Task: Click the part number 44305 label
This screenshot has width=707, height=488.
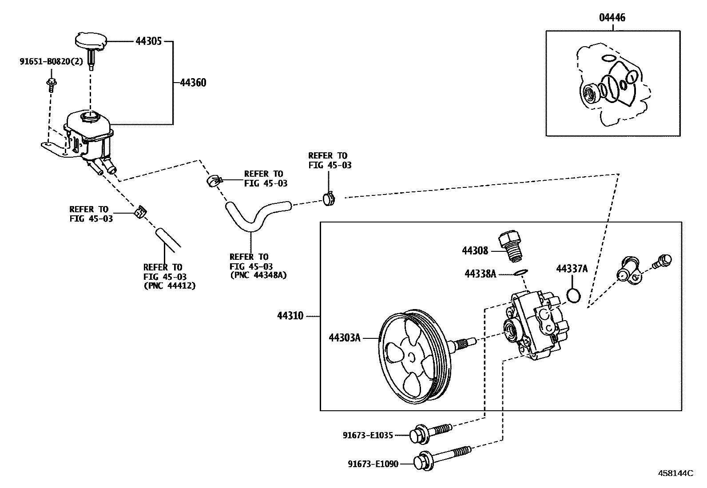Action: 149,42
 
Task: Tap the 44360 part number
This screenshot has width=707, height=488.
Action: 193,83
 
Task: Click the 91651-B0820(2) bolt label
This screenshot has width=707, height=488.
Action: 51,62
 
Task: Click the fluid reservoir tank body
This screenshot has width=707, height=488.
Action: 89,133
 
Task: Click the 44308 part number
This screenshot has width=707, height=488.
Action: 475,251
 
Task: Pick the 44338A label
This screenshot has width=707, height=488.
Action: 480,274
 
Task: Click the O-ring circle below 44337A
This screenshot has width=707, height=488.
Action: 574,296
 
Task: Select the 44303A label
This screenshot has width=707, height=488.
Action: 344,338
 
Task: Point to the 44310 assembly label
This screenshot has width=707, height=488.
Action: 290,316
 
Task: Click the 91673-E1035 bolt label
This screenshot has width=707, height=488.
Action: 368,435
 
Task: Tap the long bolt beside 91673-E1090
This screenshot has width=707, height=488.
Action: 442,457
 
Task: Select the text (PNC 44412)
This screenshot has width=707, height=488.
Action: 169,286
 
